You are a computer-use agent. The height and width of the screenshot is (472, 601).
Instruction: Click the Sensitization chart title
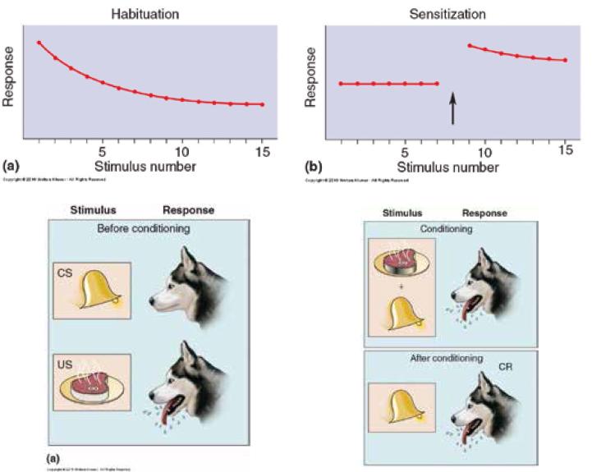point(447,14)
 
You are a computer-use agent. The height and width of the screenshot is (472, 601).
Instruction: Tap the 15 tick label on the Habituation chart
point(262,152)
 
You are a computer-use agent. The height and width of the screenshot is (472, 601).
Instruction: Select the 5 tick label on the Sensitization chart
point(404,152)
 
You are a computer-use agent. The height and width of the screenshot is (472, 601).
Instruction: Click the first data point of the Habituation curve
point(39,43)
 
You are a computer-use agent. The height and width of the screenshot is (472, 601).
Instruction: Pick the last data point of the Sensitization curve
point(565,60)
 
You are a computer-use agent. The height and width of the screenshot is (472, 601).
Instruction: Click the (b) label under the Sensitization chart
point(313,167)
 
